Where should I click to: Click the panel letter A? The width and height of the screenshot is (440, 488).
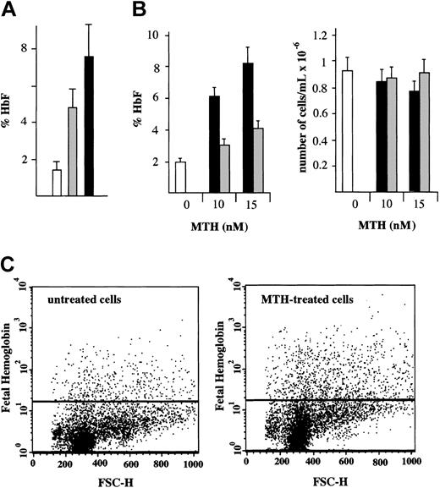(12, 13)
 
